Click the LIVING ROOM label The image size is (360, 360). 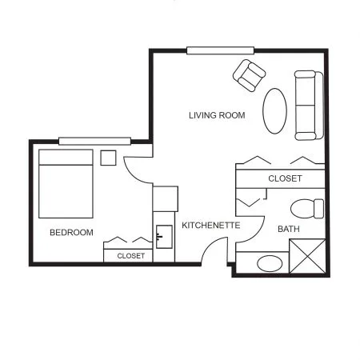(217, 115)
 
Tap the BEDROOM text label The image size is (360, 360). (71, 232)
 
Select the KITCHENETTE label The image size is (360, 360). (211, 226)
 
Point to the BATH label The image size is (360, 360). (289, 229)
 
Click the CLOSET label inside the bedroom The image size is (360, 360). (131, 256)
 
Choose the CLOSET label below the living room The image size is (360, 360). (285, 178)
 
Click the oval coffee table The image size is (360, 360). (274, 111)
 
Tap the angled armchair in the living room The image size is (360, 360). (249, 75)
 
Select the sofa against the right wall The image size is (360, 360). (309, 106)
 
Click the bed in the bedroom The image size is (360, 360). (66, 184)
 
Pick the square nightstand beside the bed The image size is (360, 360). (108, 158)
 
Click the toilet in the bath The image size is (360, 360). (307, 209)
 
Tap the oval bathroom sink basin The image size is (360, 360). (270, 263)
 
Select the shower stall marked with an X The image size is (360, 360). (307, 256)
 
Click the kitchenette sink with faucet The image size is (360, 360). (164, 237)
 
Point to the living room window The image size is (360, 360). (220, 50)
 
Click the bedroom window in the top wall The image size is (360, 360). (94, 141)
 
